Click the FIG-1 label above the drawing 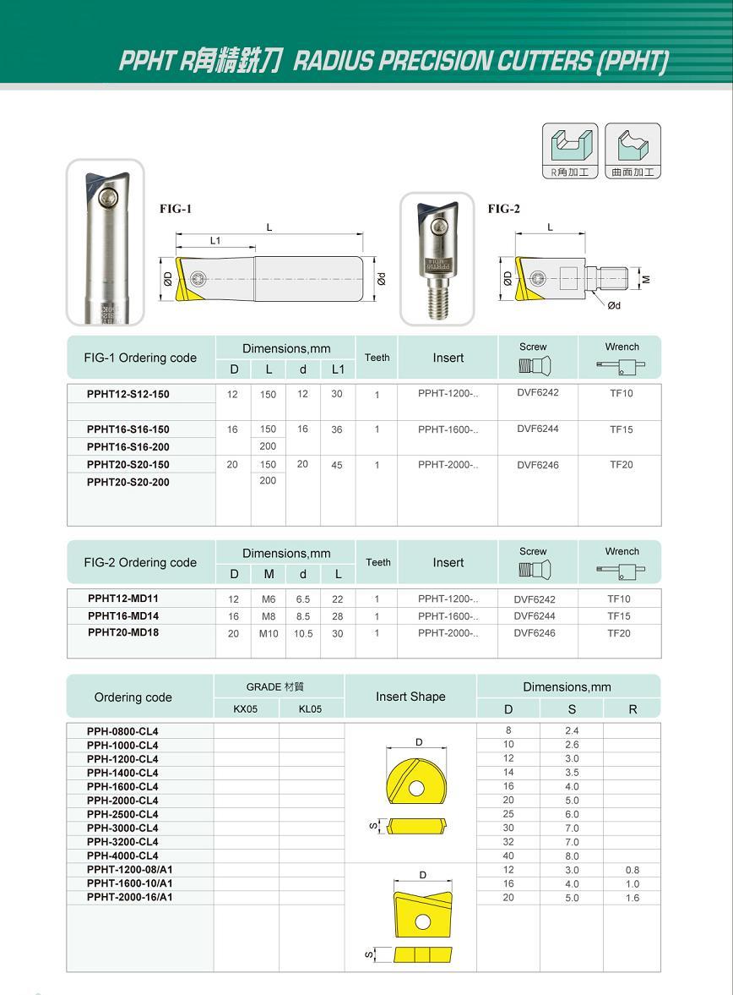pyautogui.click(x=176, y=209)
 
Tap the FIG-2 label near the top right pyautogui.click(x=503, y=209)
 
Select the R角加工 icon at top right pyautogui.click(x=569, y=150)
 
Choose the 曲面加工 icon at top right pyautogui.click(x=633, y=150)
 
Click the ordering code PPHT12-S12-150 pyautogui.click(x=128, y=394)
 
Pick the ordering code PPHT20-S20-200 pyautogui.click(x=128, y=482)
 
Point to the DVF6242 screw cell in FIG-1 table pyautogui.click(x=538, y=392)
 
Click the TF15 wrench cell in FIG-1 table pyautogui.click(x=621, y=429)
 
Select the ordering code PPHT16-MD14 pyautogui.click(x=123, y=616)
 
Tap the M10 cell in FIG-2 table pyautogui.click(x=268, y=634)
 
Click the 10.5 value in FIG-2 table pyautogui.click(x=302, y=634)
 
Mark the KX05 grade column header pyautogui.click(x=246, y=709)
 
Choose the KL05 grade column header pyautogui.click(x=311, y=709)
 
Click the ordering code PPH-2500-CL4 pyautogui.click(x=122, y=814)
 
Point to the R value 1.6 pyautogui.click(x=633, y=898)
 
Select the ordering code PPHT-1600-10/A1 pyautogui.click(x=129, y=883)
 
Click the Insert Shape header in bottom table pyautogui.click(x=410, y=697)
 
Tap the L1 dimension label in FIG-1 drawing pyautogui.click(x=215, y=241)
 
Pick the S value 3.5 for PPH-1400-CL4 pyautogui.click(x=572, y=773)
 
